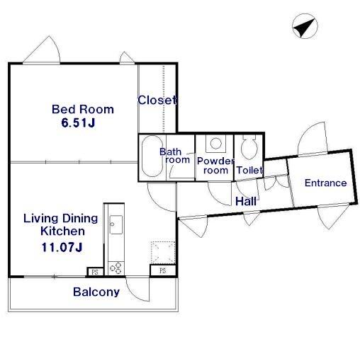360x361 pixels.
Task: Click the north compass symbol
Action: (305, 26)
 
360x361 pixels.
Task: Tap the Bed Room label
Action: (83, 109)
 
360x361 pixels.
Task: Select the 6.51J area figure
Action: (78, 122)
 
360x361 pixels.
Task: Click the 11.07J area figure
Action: (62, 247)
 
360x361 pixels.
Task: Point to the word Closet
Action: (157, 100)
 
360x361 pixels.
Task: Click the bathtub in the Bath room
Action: (152, 156)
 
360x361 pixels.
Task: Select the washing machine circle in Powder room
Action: (215, 144)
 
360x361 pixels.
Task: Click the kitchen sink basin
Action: (116, 224)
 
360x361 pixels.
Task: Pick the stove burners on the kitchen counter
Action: (116, 268)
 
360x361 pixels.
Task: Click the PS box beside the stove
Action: (95, 272)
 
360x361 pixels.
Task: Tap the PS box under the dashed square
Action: (163, 270)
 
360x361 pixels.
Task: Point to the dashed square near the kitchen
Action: (163, 253)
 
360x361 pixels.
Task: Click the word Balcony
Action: (96, 292)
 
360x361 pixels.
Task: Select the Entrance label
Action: (325, 183)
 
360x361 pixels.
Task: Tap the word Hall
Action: (246, 202)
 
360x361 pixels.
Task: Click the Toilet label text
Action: (249, 170)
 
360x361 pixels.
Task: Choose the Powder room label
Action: (215, 166)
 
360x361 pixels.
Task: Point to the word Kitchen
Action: (62, 231)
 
